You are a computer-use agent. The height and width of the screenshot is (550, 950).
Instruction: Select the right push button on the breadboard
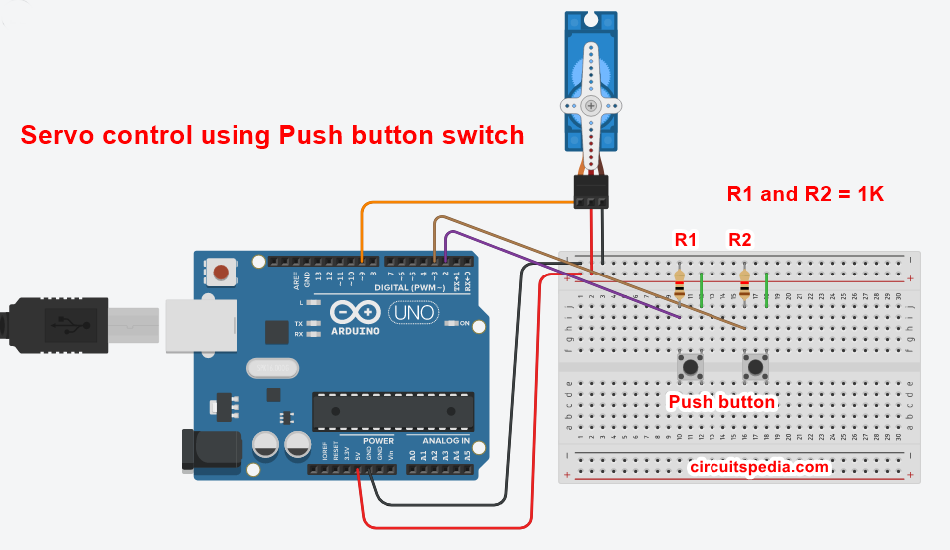[x=754, y=367]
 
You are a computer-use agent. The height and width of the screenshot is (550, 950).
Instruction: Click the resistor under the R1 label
[x=680, y=286]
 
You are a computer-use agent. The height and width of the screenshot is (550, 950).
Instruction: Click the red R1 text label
[x=686, y=240]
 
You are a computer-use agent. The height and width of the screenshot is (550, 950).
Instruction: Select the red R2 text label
[x=740, y=240]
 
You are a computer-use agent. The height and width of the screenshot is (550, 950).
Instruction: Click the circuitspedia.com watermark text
[x=758, y=466]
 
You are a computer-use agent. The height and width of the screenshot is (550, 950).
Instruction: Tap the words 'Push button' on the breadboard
[x=721, y=402]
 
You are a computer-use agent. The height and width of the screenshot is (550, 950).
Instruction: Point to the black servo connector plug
[x=591, y=193]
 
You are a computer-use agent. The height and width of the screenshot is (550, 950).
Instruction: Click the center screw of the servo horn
[x=591, y=105]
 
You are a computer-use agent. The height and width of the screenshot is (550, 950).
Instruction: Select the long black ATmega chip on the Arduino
[x=389, y=407]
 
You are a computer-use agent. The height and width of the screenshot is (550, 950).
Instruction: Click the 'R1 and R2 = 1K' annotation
[x=805, y=194]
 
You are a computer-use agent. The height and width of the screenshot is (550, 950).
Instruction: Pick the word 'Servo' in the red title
[x=59, y=135]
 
